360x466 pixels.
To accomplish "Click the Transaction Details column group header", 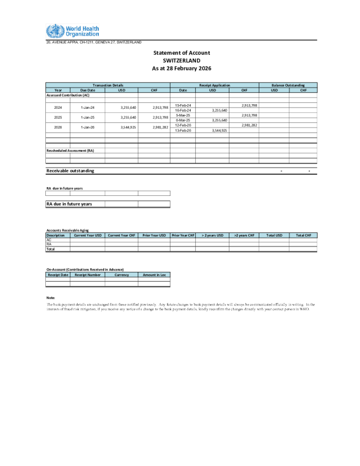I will coord(108,86).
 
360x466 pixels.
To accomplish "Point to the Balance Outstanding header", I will coord(288,86).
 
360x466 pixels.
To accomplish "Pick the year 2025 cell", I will coord(58,117).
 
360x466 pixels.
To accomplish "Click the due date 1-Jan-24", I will coord(87,108).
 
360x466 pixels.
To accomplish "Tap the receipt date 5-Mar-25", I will coord(183,115).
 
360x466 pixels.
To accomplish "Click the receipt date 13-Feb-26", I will coord(183,130).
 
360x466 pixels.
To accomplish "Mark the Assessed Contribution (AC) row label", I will coord(68,95).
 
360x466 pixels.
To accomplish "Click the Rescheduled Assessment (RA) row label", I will coord(70,151).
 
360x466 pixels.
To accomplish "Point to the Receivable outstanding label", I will coord(70,171).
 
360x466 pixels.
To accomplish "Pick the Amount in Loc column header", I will coord(154,275).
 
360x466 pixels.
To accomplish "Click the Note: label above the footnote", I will coord(50,298).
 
